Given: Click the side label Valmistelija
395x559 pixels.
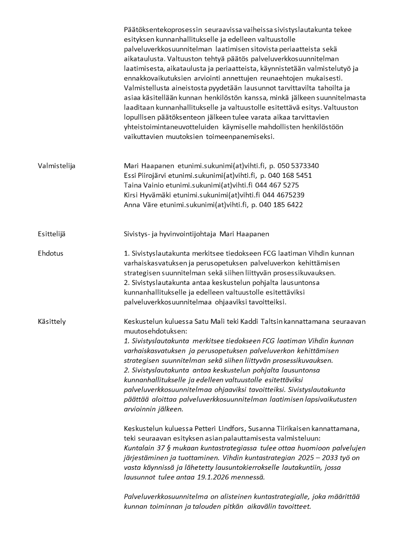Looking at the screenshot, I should [x=56, y=166].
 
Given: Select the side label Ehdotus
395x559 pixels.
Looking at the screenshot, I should [x=51, y=253].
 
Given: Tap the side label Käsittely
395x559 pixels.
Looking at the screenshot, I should [x=52, y=322].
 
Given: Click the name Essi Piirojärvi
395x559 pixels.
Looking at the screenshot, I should [x=146, y=175].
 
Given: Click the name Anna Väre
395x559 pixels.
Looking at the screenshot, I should [x=139, y=205].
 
